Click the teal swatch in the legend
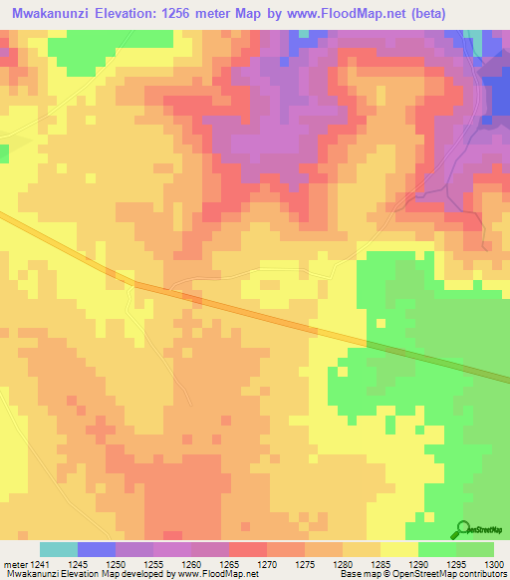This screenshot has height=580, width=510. coord(58,549)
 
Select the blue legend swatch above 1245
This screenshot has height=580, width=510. coord(96,549)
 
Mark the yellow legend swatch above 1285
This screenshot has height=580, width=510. coord(398,549)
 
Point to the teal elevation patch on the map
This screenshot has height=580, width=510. coord(488,43)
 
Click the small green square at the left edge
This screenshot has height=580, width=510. coord(3,152)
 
